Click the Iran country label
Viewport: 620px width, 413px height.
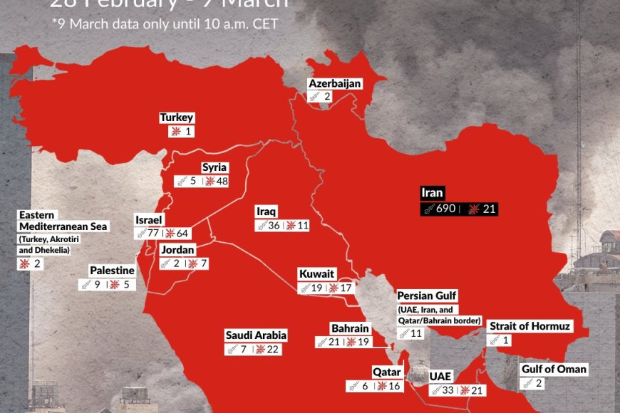click(x=433, y=193)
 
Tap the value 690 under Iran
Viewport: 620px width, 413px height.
click(x=445, y=209)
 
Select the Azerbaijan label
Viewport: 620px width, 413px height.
click(x=335, y=84)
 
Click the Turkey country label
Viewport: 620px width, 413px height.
click(x=177, y=118)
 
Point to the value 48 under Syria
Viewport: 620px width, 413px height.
click(x=222, y=181)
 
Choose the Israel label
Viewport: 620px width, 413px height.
click(x=150, y=219)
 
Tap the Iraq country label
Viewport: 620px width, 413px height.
click(x=267, y=211)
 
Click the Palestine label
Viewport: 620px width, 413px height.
click(x=112, y=271)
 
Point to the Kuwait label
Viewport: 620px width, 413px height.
click(x=316, y=274)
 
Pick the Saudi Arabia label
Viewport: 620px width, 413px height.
click(x=256, y=335)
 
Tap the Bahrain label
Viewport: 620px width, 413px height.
click(x=350, y=328)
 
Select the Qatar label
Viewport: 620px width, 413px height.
click(x=387, y=372)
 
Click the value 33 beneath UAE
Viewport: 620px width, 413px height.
click(x=449, y=390)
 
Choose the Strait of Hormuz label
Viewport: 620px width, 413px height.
click(x=529, y=326)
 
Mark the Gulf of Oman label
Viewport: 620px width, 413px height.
click(x=554, y=369)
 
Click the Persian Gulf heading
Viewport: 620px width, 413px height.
click(x=427, y=296)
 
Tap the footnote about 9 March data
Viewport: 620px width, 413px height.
click(x=165, y=23)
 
